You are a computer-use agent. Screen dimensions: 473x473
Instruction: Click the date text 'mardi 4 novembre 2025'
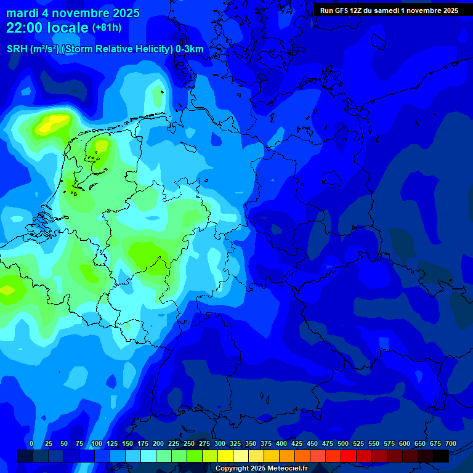tap(73, 13)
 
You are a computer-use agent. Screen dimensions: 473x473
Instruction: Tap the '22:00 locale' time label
tap(48, 28)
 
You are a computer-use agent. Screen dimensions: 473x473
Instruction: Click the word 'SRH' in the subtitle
tap(17, 49)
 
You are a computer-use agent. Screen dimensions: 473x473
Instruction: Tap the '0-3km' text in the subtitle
tap(190, 49)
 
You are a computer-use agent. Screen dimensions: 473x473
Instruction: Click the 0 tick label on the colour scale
tap(31, 443)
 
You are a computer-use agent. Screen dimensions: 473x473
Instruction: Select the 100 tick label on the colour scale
tap(97, 443)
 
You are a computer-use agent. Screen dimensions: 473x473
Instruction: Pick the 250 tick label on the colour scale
tap(189, 443)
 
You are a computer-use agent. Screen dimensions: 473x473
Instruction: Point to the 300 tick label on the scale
tap(220, 443)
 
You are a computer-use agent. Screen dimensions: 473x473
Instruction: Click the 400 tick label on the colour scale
tap(281, 443)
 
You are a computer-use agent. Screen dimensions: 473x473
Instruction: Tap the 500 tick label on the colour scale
tap(343, 443)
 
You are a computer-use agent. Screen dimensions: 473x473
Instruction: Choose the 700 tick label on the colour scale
tap(451, 443)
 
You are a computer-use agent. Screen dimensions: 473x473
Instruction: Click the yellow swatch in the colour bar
tap(225, 456)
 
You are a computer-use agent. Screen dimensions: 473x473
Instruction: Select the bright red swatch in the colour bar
tap(349, 456)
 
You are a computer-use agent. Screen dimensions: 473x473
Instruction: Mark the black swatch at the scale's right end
tap(441, 456)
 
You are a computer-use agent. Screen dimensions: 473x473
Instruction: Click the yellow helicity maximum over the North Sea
tap(47, 126)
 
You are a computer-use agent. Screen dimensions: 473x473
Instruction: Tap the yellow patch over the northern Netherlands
tap(100, 147)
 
